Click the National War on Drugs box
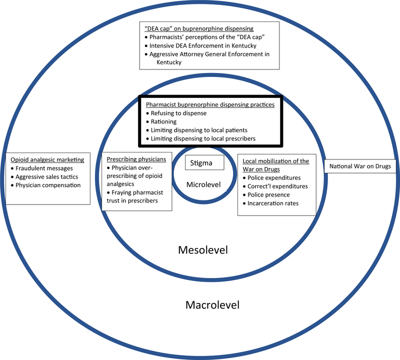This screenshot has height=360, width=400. pos(359,166)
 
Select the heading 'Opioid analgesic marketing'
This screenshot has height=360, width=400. pos(47,159)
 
